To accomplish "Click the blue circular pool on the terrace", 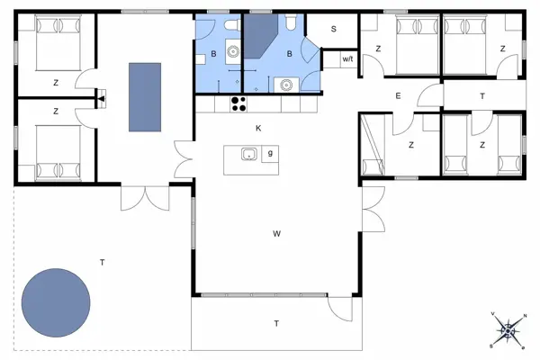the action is [56, 302].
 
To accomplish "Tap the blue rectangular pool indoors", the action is [145, 97].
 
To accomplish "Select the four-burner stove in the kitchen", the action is [238, 104].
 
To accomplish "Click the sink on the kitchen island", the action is [248, 154].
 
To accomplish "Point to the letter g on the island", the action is [270, 153].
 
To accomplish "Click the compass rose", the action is [508, 331].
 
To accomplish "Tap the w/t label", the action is [347, 58].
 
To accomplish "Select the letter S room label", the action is [333, 29].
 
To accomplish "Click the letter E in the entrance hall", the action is [398, 95].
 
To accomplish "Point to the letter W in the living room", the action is [276, 234].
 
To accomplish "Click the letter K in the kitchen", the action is [258, 129].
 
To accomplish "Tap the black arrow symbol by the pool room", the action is [101, 99].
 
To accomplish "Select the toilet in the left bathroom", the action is [231, 25].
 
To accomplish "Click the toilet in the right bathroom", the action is [291, 22].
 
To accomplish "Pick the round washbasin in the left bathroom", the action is [233, 51].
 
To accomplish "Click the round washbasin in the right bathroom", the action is [286, 85].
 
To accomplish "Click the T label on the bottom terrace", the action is [276, 323].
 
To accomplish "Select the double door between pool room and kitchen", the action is [184, 159].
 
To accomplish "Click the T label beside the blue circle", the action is [102, 263].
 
